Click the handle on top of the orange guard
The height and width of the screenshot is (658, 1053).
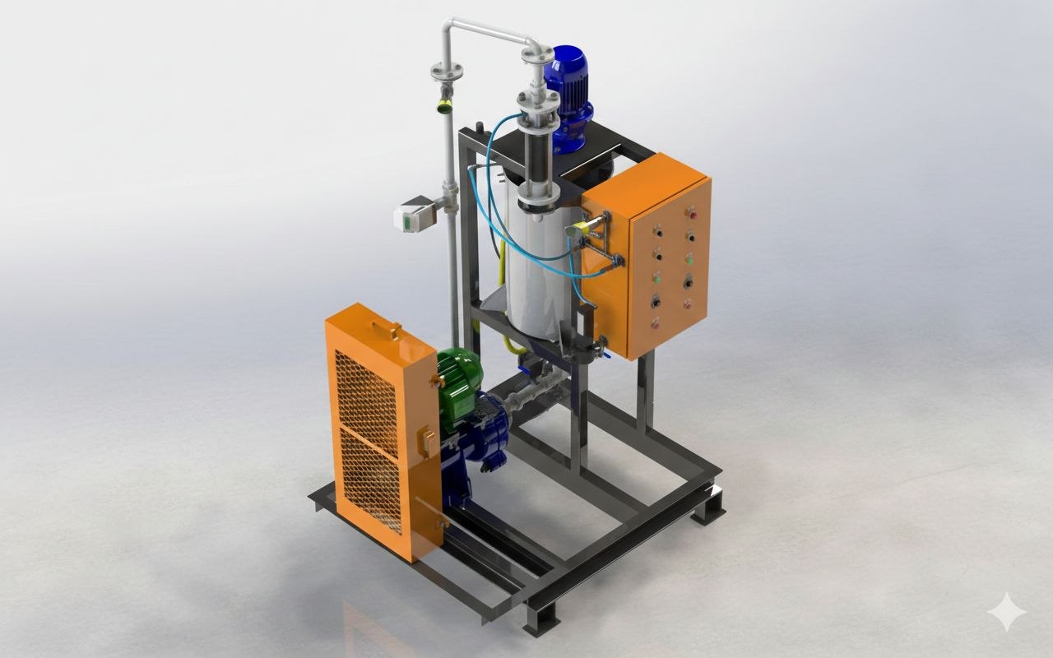click(386, 330)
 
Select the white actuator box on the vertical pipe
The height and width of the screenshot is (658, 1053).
click(414, 216)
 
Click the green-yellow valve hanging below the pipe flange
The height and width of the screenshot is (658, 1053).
click(444, 104)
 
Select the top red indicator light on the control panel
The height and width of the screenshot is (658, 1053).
click(691, 213)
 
